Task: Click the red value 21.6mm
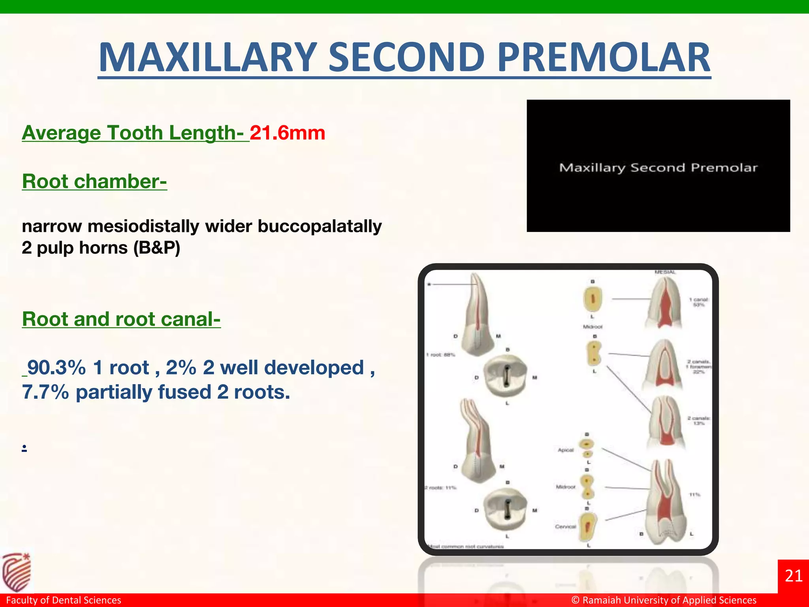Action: coord(287,133)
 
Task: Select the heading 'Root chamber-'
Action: coord(94,181)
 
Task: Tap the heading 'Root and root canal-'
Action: coord(121,319)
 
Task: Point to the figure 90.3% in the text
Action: coord(56,368)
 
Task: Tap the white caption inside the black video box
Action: coord(658,168)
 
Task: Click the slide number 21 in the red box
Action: coord(794,576)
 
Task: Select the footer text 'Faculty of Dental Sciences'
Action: coord(64,600)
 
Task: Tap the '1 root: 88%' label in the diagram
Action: coord(440,354)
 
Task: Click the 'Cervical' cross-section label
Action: coord(565,526)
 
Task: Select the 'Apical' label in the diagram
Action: coord(565,450)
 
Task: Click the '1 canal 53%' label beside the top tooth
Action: coord(699,302)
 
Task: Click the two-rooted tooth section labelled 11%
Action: coord(664,502)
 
